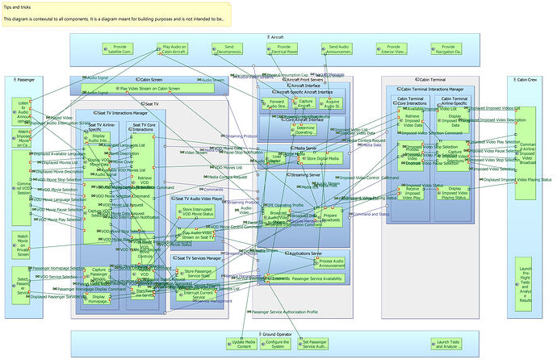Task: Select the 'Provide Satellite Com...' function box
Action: click(119, 50)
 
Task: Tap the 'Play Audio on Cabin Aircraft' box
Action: click(176, 50)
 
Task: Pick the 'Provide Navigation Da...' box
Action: click(462, 50)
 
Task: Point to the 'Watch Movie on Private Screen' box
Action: click(23, 242)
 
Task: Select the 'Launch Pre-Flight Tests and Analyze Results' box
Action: click(525, 278)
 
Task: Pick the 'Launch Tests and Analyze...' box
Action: click(449, 343)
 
